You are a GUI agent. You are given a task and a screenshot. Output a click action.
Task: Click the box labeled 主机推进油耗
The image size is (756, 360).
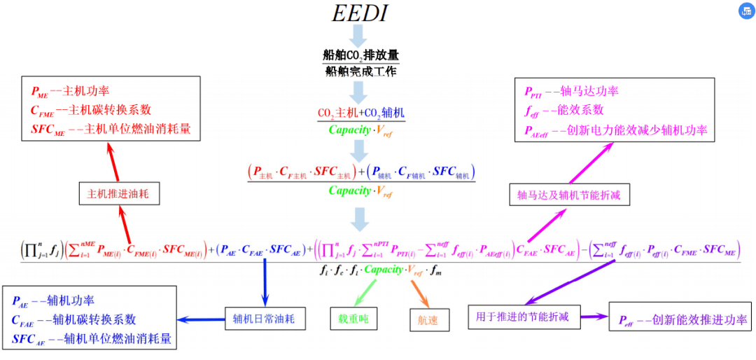click(119, 194)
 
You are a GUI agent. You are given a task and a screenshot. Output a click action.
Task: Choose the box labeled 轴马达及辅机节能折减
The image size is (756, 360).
click(568, 195)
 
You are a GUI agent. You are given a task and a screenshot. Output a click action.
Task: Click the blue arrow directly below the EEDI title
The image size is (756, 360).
click(360, 36)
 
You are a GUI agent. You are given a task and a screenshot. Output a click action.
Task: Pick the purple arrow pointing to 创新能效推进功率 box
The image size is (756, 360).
click(589, 317)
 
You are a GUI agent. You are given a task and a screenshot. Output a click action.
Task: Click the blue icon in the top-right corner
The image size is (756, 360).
click(743, 11)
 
